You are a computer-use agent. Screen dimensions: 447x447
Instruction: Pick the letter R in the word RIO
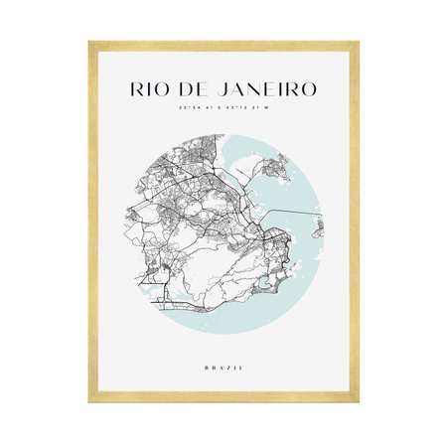click(137, 87)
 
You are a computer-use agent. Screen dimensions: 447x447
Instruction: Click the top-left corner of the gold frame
click(89, 43)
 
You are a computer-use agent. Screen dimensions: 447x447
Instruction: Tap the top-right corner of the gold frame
click(358, 43)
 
